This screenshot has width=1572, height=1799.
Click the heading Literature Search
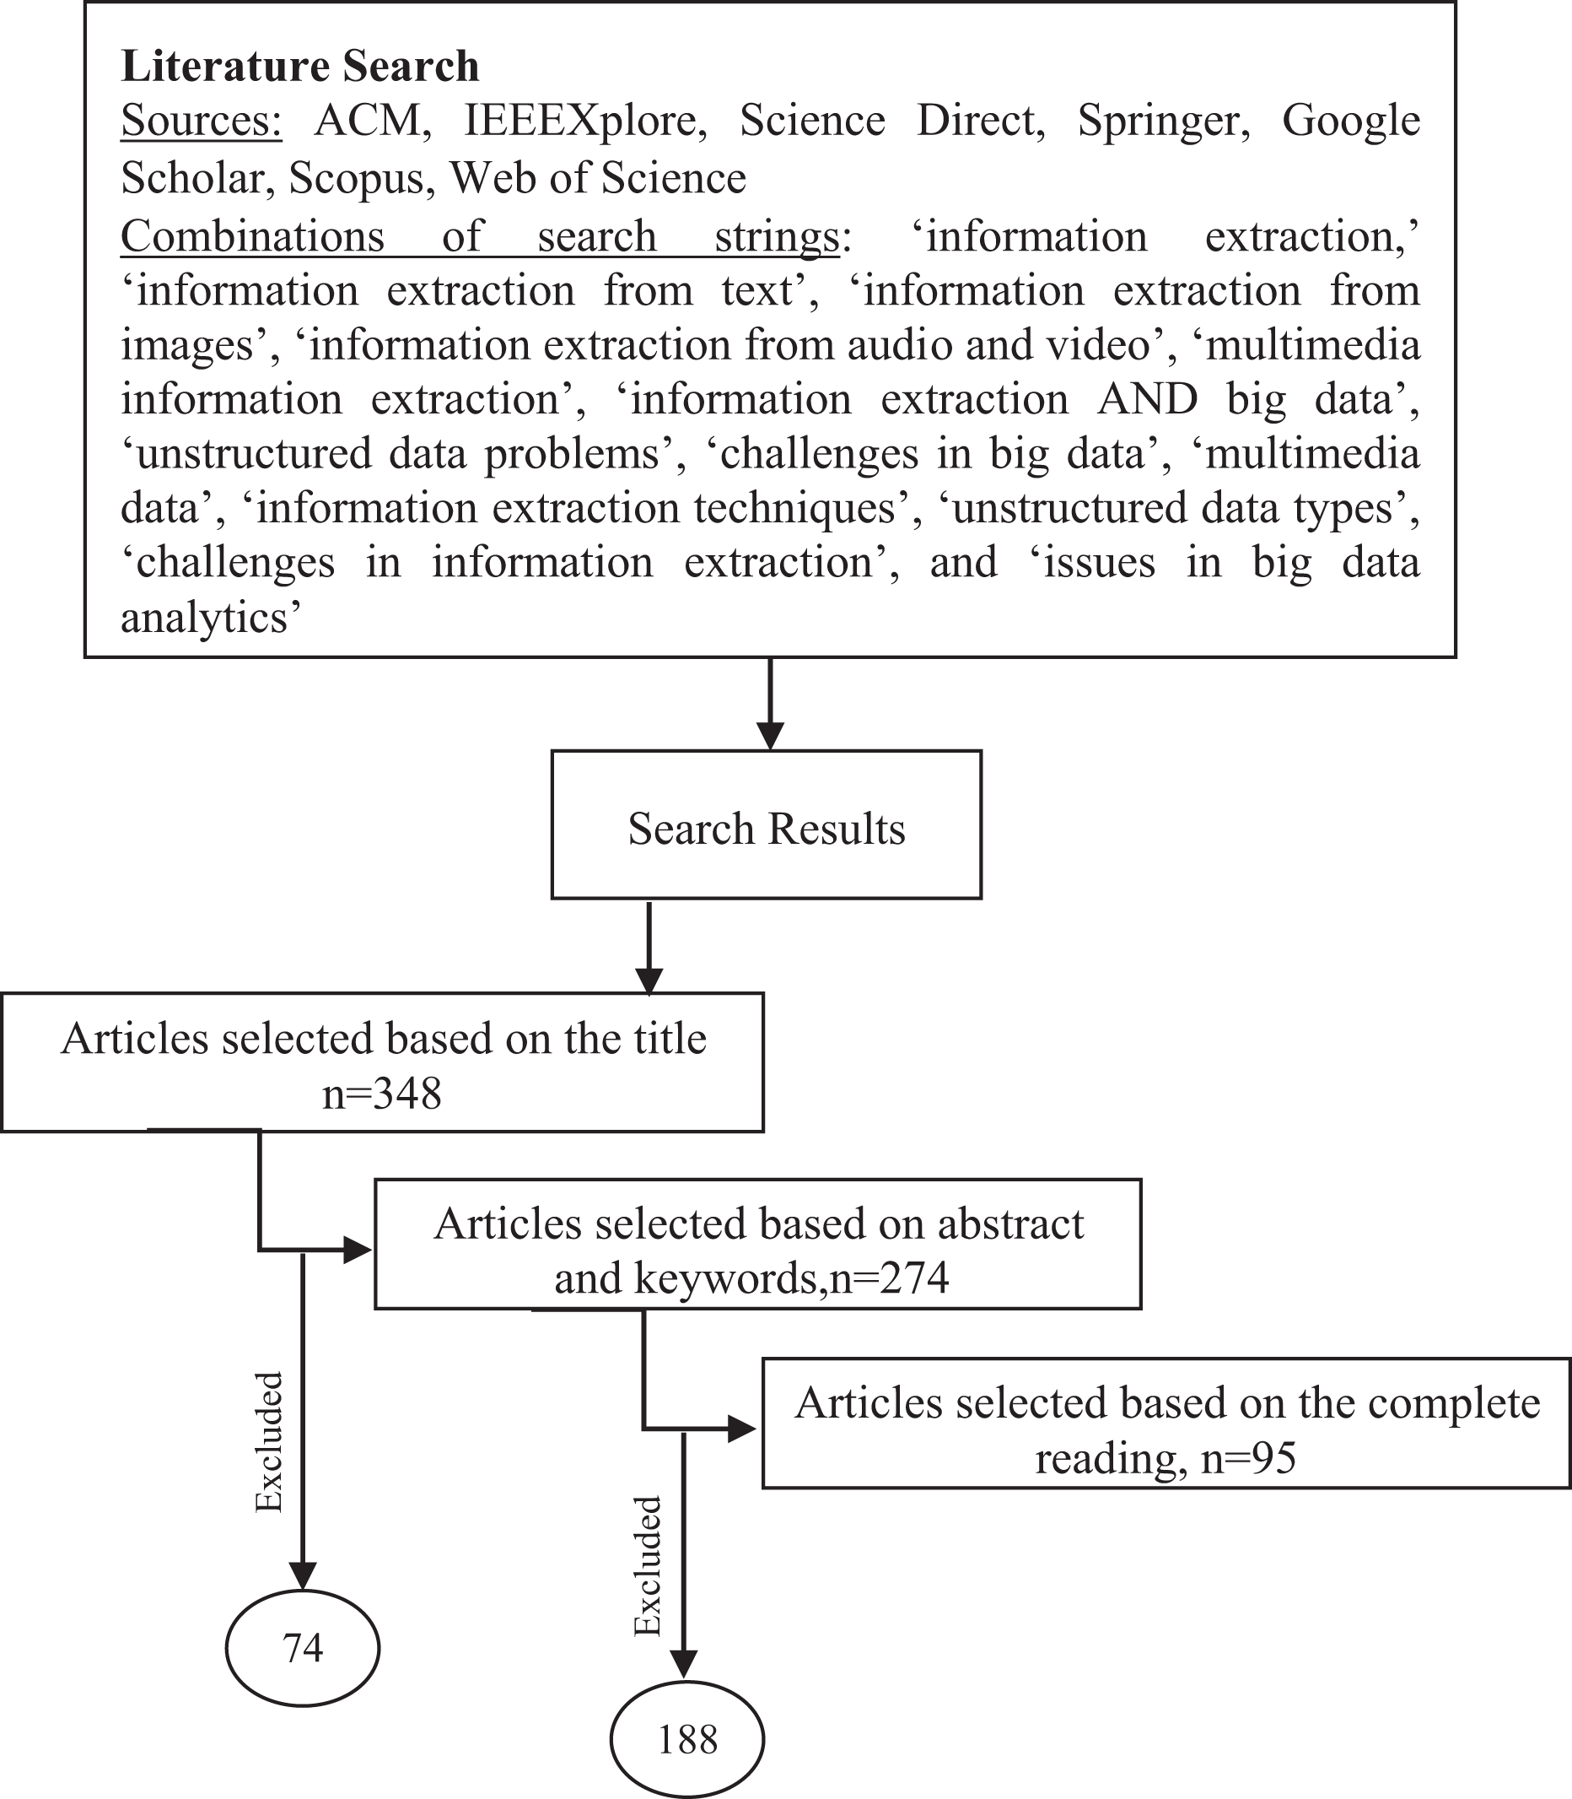click(x=300, y=67)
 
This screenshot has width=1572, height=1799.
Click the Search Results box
click(x=766, y=824)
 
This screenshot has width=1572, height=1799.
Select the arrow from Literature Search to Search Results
click(x=769, y=704)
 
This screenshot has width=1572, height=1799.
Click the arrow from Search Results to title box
click(x=649, y=948)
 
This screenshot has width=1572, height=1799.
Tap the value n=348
click(x=381, y=1094)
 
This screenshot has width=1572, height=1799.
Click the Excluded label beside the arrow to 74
click(x=268, y=1442)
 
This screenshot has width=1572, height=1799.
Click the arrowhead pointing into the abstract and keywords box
click(x=358, y=1250)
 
